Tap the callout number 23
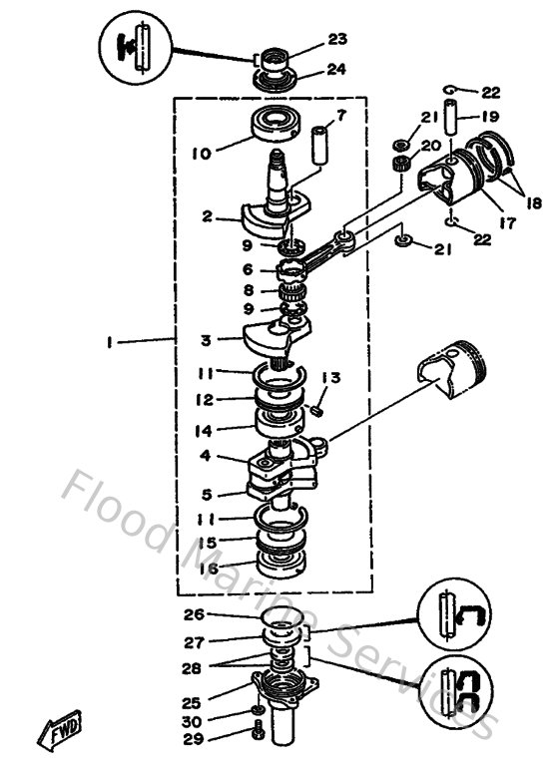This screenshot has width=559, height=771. tap(337, 39)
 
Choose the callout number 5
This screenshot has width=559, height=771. tap(205, 494)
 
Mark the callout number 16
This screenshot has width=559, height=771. tap(207, 568)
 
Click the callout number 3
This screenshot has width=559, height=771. tap(205, 340)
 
